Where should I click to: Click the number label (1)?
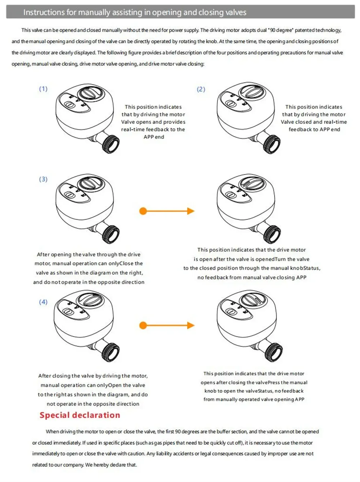[x=43, y=89]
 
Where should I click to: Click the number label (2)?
[x=201, y=89]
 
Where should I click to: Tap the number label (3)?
[x=43, y=179]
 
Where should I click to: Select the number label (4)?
[x=43, y=302]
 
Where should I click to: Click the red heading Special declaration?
[x=80, y=415]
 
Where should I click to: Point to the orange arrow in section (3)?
[x=168, y=211]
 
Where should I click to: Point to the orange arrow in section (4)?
[x=168, y=326]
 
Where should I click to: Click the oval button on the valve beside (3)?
[x=69, y=195]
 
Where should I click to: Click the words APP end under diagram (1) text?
[x=154, y=137]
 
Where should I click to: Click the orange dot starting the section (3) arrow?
[x=143, y=211]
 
